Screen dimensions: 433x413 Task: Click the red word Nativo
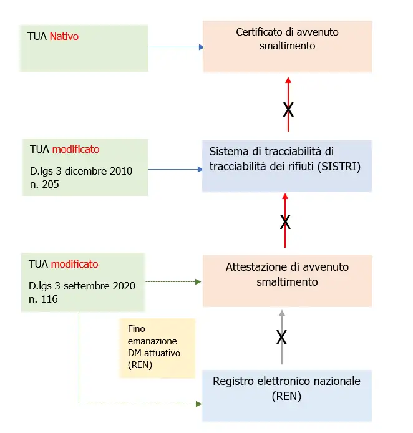64,37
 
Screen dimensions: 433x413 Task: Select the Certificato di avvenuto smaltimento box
288,46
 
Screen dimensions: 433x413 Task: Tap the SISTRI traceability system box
286,165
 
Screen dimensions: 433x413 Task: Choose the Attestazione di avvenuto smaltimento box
287,280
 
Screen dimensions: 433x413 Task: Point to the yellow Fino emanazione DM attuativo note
157,348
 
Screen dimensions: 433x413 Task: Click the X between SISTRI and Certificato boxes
288,110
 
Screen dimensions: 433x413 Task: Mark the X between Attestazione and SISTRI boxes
285,222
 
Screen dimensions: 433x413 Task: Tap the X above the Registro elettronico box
281,338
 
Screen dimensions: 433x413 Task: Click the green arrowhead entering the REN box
198,404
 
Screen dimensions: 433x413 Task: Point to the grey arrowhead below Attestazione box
281,313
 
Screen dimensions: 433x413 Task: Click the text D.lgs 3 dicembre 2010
81,171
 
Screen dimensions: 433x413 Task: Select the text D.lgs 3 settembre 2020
82,286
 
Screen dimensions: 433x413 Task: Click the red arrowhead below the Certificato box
288,80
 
